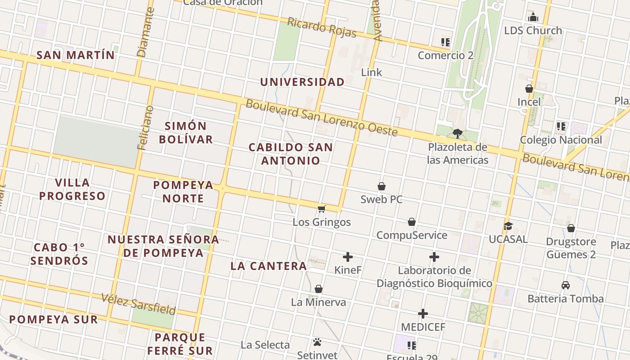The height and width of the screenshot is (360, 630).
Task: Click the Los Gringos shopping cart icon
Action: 321,209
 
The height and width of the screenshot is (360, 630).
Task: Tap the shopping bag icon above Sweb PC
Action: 382,186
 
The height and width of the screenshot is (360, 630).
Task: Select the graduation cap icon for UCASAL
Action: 508,226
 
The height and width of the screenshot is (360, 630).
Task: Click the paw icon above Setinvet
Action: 317,342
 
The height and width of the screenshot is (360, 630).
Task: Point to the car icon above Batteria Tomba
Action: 566,285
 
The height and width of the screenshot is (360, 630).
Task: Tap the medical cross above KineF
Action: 348,257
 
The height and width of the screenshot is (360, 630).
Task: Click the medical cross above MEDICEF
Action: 423,314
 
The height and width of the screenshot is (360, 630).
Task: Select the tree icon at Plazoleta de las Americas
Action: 458,133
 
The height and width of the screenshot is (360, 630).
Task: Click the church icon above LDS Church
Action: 533,18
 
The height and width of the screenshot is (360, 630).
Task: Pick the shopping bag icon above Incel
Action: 529,89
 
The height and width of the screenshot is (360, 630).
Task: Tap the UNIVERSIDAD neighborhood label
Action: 302,82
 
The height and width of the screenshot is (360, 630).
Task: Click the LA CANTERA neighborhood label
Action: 269,266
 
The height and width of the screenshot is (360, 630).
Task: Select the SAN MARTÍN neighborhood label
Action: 75,55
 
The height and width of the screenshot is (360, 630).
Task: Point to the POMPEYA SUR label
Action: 54,319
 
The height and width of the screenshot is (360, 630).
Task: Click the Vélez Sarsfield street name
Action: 138,304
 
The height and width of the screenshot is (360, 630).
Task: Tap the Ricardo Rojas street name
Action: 322,27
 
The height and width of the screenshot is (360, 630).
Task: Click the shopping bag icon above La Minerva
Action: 319,289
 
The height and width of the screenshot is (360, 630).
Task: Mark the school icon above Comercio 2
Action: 445,43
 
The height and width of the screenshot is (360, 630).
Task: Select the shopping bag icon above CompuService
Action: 412,222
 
